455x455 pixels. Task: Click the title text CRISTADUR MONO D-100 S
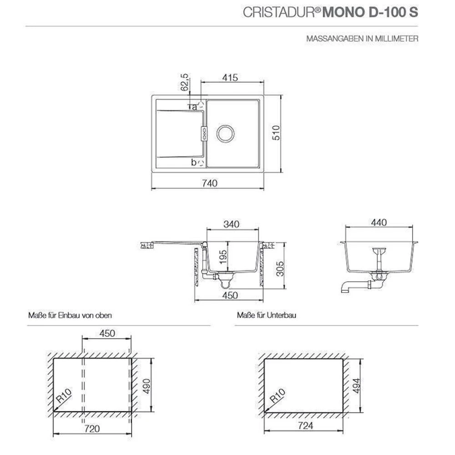click(330, 12)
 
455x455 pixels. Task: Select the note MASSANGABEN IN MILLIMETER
click(362, 39)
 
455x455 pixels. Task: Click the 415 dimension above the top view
click(231, 78)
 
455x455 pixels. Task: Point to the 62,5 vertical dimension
click(184, 82)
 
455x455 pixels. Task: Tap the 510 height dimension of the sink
click(275, 134)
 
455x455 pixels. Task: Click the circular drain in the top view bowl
click(226, 133)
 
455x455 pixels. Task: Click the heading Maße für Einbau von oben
click(70, 315)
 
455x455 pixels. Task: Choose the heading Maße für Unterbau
click(263, 315)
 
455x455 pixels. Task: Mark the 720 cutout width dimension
click(92, 430)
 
